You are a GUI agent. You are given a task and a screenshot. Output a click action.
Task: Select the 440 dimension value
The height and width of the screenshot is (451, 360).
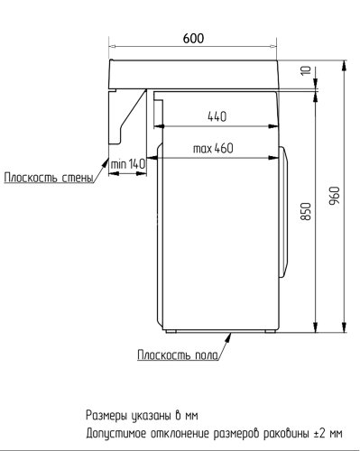point(217,116)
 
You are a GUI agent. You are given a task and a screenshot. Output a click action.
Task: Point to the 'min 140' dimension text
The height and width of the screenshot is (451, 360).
point(127,163)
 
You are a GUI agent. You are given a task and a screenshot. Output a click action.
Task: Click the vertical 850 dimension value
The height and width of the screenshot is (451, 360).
point(307,213)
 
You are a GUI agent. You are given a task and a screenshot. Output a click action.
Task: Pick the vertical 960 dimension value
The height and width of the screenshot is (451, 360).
point(335,195)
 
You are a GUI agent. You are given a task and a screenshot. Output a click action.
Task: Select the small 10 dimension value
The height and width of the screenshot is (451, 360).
point(307,70)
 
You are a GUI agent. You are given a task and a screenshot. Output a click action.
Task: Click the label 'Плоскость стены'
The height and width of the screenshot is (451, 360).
point(49,178)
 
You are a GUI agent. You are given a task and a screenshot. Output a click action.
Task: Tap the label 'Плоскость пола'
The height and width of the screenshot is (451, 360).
point(177,354)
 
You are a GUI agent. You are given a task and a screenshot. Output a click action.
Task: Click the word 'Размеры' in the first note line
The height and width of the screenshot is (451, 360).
point(107,416)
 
